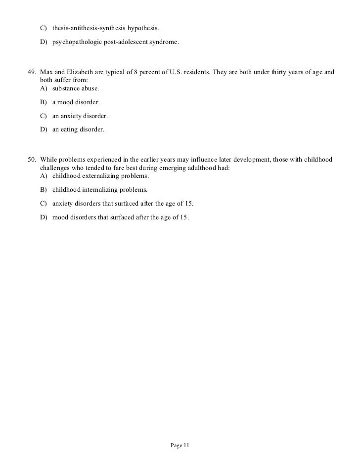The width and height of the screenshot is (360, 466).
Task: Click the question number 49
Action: point(31,72)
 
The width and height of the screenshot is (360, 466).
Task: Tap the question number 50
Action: point(31,160)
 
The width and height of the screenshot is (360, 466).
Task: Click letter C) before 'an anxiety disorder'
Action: point(44,116)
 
